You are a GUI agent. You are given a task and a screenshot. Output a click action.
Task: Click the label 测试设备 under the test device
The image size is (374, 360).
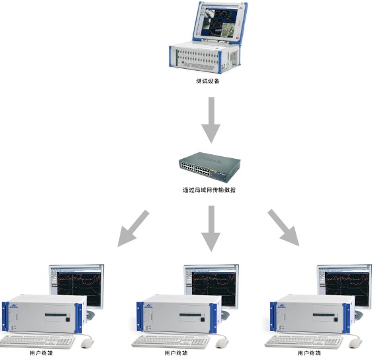[x=208, y=81]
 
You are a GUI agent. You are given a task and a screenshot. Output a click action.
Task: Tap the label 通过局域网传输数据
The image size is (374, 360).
[x=209, y=190]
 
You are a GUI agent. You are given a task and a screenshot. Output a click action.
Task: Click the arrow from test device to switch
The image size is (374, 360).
[x=211, y=120]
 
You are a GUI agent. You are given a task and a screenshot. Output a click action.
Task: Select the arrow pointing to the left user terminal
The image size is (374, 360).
[x=133, y=228]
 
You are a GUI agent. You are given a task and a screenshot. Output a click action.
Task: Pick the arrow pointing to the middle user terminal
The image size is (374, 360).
[x=211, y=228]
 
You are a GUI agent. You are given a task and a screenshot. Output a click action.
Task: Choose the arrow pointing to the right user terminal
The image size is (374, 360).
[x=283, y=228]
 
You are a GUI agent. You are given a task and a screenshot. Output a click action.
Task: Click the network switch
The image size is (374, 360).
[x=210, y=167]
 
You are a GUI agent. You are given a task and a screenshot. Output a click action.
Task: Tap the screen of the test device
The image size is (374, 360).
[x=219, y=22]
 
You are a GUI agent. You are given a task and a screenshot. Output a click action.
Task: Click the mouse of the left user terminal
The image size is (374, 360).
[x=87, y=343]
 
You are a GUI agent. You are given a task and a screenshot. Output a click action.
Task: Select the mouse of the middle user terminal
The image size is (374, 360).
[x=222, y=343]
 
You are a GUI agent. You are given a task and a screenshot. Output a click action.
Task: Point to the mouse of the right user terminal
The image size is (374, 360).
[x=355, y=343]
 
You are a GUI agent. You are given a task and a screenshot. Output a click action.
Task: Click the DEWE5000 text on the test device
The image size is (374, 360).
[x=199, y=66]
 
